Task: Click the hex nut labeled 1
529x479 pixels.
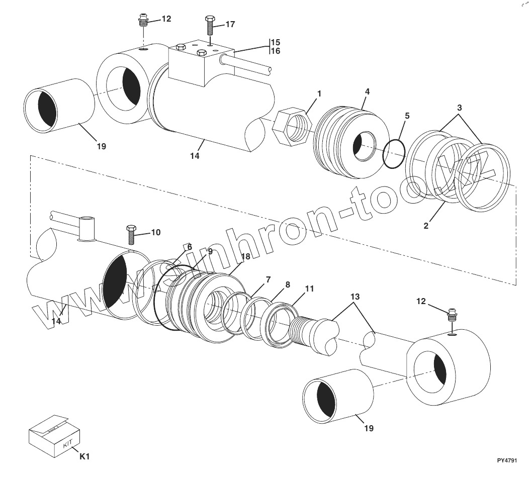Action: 292,127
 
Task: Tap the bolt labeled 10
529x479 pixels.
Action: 131,235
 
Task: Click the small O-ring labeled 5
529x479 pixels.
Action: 394,154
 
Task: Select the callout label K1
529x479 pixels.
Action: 84,456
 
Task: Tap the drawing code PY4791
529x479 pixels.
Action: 506,460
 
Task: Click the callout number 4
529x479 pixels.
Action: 367,91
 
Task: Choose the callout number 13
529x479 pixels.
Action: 355,297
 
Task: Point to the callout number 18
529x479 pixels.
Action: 245,256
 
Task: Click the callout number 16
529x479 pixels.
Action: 276,51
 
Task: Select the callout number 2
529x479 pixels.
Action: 426,226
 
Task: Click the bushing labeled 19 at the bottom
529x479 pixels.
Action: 337,394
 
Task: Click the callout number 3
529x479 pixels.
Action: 459,108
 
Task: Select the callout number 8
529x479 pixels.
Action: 287,284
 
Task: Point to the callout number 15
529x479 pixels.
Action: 276,42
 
